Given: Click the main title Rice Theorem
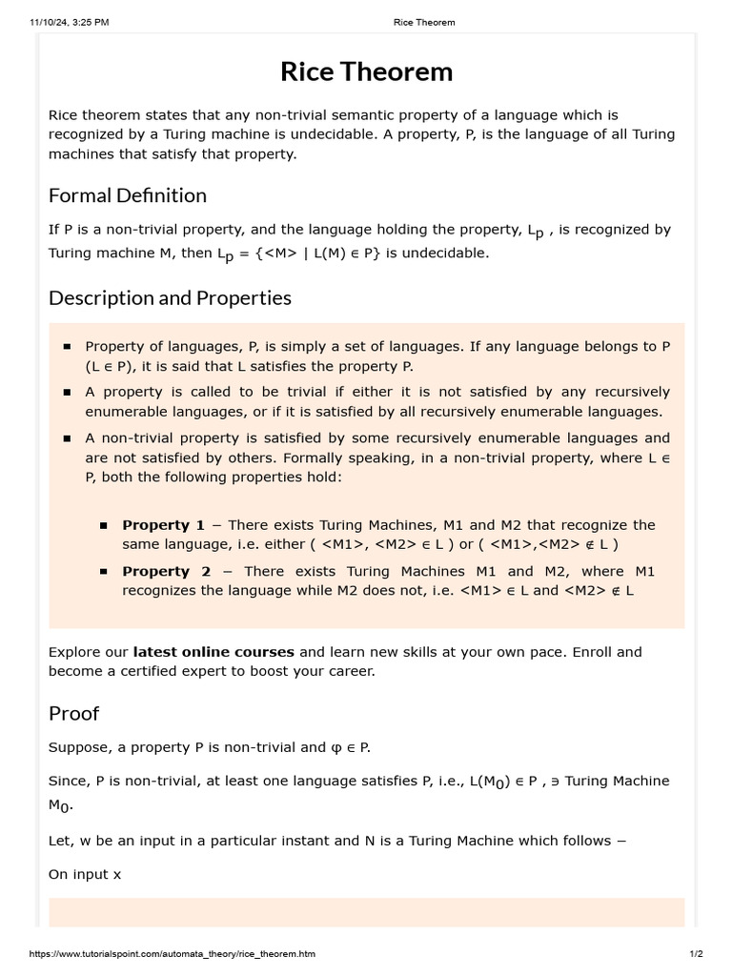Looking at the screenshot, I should [366, 72].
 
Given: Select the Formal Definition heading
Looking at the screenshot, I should [127, 195].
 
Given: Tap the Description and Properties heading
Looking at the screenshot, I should [170, 298].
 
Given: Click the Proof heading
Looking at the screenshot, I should [73, 714].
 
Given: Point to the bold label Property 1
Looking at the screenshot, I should [163, 525].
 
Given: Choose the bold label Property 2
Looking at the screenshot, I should [167, 571].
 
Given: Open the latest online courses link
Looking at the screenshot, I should [213, 652].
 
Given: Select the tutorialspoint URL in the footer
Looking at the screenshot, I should [173, 954].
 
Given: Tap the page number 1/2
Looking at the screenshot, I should [696, 954].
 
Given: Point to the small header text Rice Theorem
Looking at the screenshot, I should [424, 22].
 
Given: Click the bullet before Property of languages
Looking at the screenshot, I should [67, 347].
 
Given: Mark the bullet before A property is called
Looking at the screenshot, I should [67, 393].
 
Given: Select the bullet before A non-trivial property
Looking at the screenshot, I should [67, 438].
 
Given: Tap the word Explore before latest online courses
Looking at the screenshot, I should [74, 652].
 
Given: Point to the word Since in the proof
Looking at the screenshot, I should [67, 781].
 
